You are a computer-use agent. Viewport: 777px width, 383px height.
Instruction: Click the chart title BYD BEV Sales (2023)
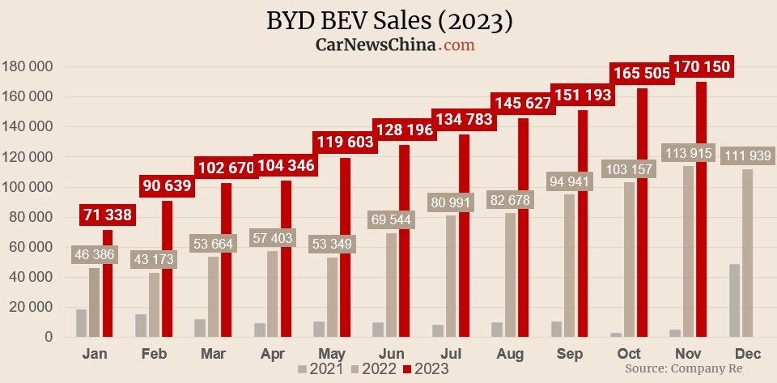coord(389,20)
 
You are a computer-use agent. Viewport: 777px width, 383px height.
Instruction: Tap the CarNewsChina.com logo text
coord(394,45)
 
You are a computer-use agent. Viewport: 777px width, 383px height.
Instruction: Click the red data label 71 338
coord(107,215)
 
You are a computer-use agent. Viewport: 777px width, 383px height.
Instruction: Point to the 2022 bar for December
coord(747,253)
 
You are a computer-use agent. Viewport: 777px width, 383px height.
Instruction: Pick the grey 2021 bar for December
coord(734,300)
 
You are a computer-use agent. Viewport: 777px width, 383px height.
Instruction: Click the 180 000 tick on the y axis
coord(29,66)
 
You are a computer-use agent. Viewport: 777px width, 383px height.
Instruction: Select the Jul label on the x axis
coord(451,354)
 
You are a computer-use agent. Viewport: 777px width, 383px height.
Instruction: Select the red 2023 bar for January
coord(108,283)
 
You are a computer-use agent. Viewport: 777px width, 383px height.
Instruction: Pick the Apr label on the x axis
coord(273,354)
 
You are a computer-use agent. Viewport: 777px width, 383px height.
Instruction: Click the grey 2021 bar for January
coord(82,322)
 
